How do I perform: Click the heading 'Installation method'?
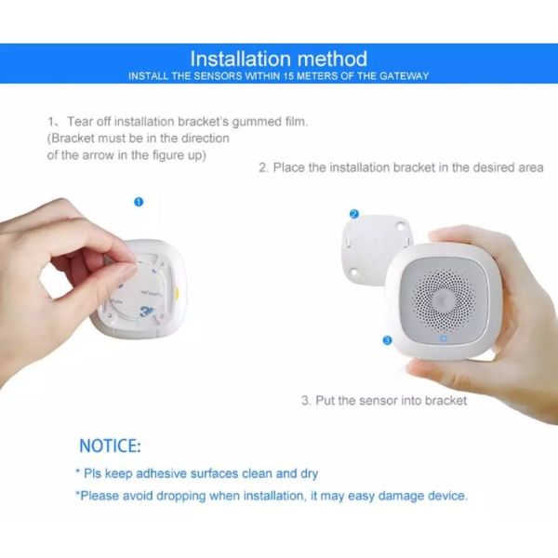[278, 59]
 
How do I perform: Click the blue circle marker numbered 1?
[139, 201]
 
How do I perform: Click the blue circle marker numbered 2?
[353, 213]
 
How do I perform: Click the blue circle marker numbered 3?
[387, 340]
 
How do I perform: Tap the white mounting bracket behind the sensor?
[372, 244]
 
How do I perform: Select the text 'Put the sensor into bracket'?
[391, 401]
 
